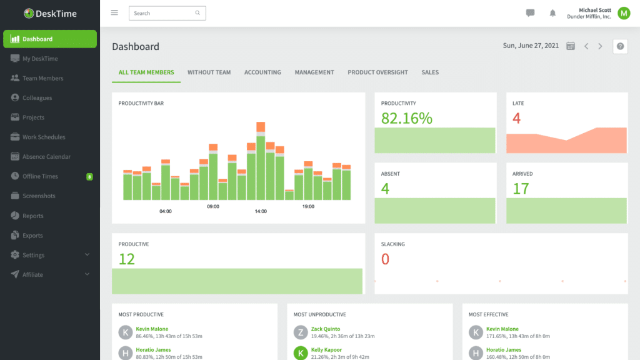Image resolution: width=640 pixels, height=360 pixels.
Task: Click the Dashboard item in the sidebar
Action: (x=50, y=39)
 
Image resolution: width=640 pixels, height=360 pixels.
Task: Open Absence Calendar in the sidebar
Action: (x=46, y=157)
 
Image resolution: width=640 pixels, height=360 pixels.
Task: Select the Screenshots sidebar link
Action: (x=39, y=196)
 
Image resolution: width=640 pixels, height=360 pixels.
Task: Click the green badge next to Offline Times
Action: (x=89, y=177)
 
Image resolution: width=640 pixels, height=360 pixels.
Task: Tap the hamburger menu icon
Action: (x=114, y=12)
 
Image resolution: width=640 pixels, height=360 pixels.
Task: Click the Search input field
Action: (x=162, y=13)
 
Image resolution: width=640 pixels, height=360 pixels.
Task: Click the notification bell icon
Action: (x=552, y=13)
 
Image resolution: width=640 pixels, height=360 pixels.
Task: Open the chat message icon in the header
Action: (x=530, y=13)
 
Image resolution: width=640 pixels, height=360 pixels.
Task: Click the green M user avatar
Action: (x=623, y=13)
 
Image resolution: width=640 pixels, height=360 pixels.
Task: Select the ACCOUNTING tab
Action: (x=262, y=72)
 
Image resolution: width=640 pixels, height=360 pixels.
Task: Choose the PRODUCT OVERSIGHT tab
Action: (x=377, y=72)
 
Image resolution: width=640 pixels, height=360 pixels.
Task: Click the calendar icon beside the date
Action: (x=570, y=46)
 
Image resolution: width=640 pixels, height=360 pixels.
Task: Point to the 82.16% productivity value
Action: (x=406, y=118)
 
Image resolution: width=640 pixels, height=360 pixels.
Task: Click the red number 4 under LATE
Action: (x=516, y=118)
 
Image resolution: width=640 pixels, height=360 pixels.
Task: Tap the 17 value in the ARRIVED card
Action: (x=521, y=189)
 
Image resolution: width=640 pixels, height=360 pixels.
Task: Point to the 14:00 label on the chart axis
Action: (x=261, y=211)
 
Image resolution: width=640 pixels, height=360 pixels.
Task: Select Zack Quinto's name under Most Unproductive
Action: (x=325, y=329)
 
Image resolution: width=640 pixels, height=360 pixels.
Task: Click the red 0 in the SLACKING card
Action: (x=385, y=259)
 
